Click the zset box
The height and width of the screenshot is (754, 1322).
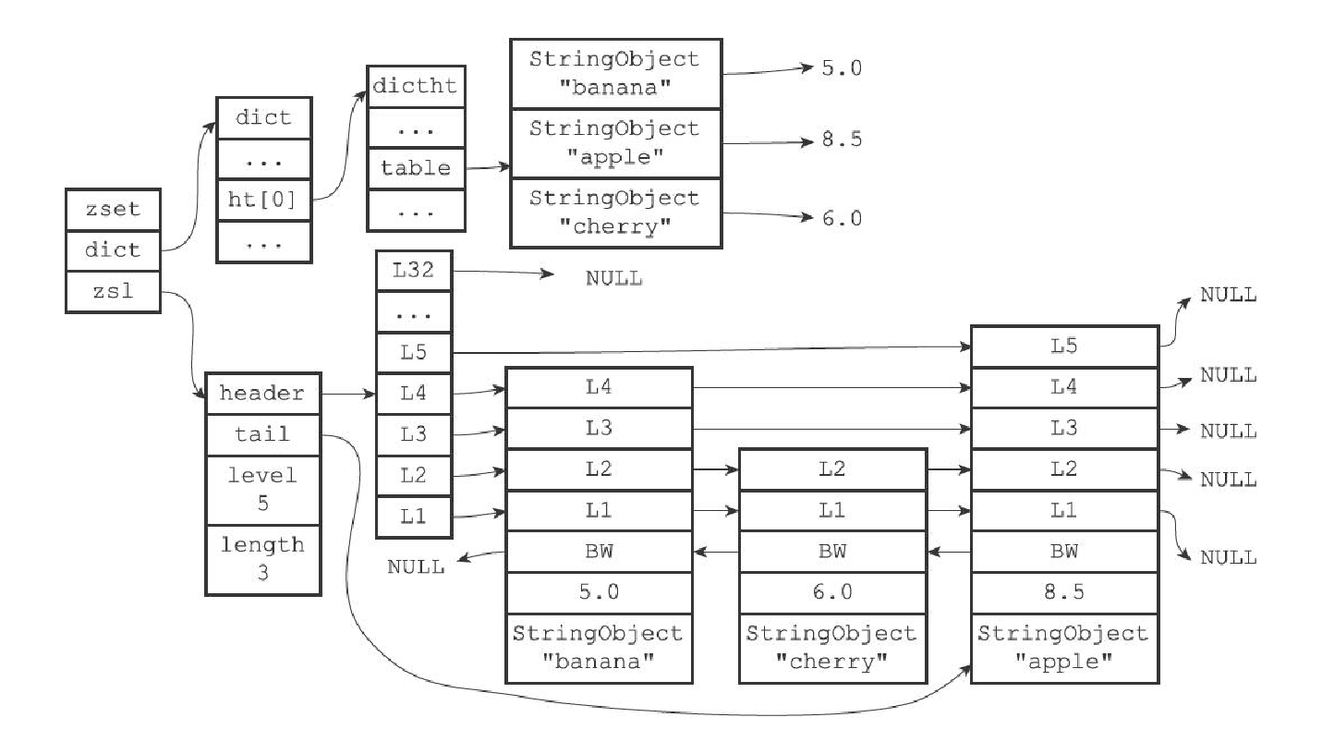pyautogui.click(x=113, y=209)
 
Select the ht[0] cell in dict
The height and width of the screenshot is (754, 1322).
pyautogui.click(x=263, y=199)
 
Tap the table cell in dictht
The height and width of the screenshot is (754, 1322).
pyautogui.click(x=415, y=168)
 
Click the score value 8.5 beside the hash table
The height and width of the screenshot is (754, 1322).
pyautogui.click(x=842, y=140)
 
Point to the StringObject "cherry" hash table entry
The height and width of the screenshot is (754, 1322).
pyautogui.click(x=615, y=213)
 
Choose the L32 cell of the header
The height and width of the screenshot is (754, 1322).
pyautogui.click(x=414, y=271)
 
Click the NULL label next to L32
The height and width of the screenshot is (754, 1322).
pyautogui.click(x=613, y=278)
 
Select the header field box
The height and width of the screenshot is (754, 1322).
pyautogui.click(x=262, y=394)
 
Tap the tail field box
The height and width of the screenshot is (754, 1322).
pyautogui.click(x=262, y=434)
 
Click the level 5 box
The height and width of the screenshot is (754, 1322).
pyautogui.click(x=262, y=490)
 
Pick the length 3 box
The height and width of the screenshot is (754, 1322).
pyautogui.click(x=262, y=559)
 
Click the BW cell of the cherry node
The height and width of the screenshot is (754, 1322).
pyautogui.click(x=832, y=552)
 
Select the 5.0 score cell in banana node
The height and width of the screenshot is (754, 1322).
pyautogui.click(x=599, y=592)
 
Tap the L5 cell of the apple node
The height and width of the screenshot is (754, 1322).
pyautogui.click(x=1064, y=347)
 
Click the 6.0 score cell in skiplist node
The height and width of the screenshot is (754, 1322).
pyautogui.click(x=832, y=592)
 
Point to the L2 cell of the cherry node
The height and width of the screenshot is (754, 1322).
pyautogui.click(x=832, y=469)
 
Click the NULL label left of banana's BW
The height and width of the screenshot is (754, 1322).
pyautogui.click(x=416, y=566)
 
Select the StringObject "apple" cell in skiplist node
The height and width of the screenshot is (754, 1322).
pyautogui.click(x=1064, y=647)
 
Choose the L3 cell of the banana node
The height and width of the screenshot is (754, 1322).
pyautogui.click(x=599, y=429)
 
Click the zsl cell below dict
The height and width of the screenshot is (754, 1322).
pyautogui.click(x=113, y=291)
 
